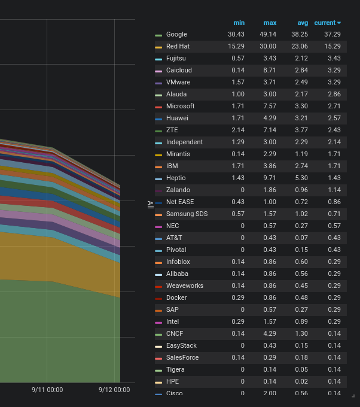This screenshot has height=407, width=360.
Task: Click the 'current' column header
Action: point(327,23)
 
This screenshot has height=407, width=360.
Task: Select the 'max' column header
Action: point(270,23)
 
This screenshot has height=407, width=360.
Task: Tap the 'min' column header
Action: point(239,23)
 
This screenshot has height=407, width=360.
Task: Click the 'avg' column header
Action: point(303,23)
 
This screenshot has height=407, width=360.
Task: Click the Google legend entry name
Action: point(176,35)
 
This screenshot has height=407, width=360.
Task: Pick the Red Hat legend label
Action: point(178,46)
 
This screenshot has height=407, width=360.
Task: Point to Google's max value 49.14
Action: point(267,35)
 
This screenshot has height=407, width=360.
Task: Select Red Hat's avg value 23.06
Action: point(299,46)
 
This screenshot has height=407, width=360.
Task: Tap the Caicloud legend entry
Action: point(179,70)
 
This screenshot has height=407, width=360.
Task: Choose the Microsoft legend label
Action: point(180,106)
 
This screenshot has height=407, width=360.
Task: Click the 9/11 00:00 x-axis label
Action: point(47,390)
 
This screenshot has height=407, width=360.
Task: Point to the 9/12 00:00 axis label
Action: point(114,390)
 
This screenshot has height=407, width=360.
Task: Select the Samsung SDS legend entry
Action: point(187,214)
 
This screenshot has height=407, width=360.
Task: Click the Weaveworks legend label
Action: point(184,285)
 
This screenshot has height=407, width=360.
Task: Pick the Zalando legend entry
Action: point(178,190)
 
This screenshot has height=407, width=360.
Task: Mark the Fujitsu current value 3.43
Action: point(332,58)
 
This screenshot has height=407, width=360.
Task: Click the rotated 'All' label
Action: point(150,204)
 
